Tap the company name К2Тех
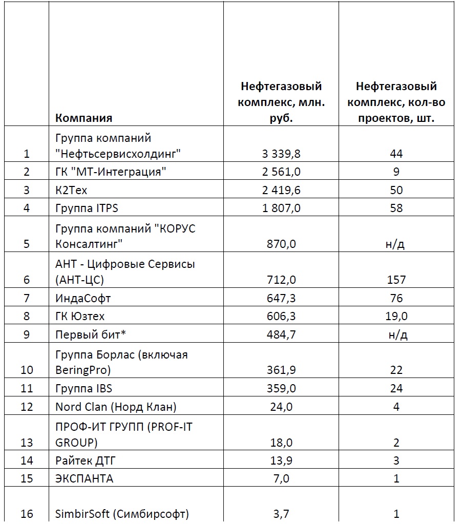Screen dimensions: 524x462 click(x=72, y=190)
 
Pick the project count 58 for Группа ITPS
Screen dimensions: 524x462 click(x=396, y=208)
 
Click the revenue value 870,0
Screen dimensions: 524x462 click(x=281, y=244)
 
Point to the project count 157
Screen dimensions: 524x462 click(x=396, y=280)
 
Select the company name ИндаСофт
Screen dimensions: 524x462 click(x=83, y=298)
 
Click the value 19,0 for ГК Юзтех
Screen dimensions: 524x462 click(x=396, y=316)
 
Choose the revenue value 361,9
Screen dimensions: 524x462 click(x=281, y=370)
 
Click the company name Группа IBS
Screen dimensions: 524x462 click(x=84, y=388)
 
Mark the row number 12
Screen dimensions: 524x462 click(x=27, y=407)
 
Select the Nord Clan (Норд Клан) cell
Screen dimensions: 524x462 click(x=116, y=407)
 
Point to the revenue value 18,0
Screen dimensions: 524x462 click(x=281, y=443)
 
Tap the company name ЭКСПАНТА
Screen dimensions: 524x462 click(x=85, y=479)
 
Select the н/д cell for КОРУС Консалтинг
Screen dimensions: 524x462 click(x=396, y=244)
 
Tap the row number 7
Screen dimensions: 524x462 click(x=27, y=298)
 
